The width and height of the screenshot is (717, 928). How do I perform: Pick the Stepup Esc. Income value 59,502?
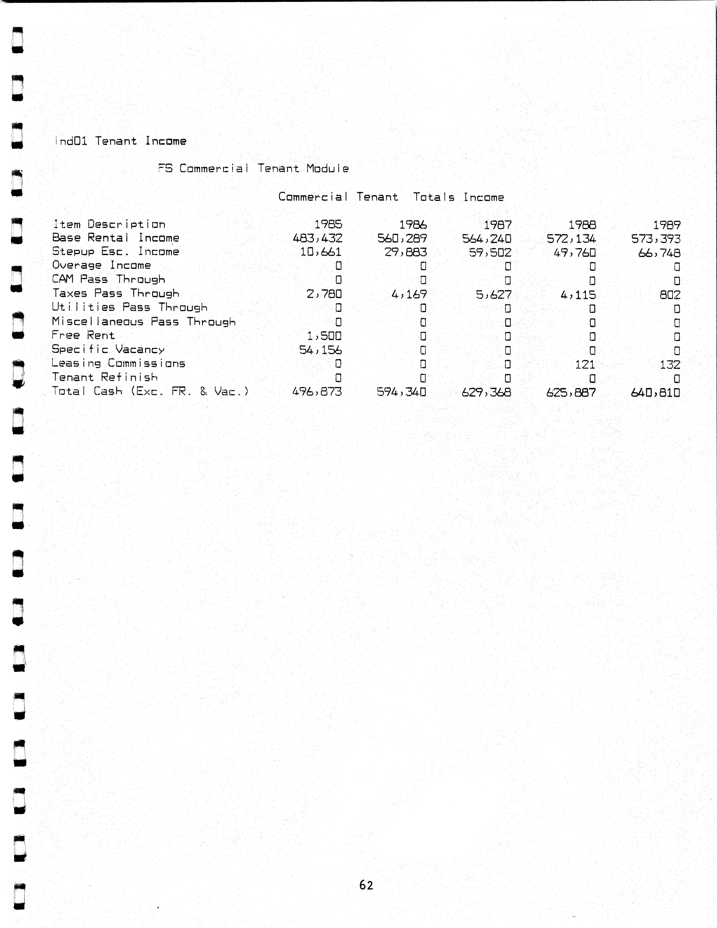[x=490, y=252]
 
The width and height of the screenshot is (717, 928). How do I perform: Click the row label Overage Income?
[x=102, y=265]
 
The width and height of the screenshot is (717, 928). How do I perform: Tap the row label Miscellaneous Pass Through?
[x=144, y=322]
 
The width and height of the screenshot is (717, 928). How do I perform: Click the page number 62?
[x=366, y=885]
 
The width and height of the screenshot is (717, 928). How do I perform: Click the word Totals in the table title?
[x=434, y=197]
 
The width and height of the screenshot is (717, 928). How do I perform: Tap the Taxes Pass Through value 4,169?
[x=409, y=294]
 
